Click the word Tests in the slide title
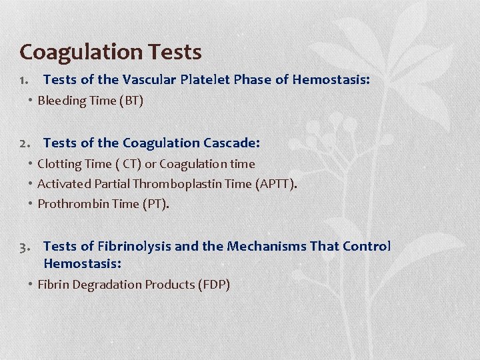(x=178, y=51)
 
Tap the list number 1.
(x=23, y=80)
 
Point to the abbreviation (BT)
(x=131, y=101)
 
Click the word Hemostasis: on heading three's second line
(x=82, y=263)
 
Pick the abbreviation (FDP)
(x=214, y=285)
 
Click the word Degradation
(x=106, y=285)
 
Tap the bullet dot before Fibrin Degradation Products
(x=31, y=284)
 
